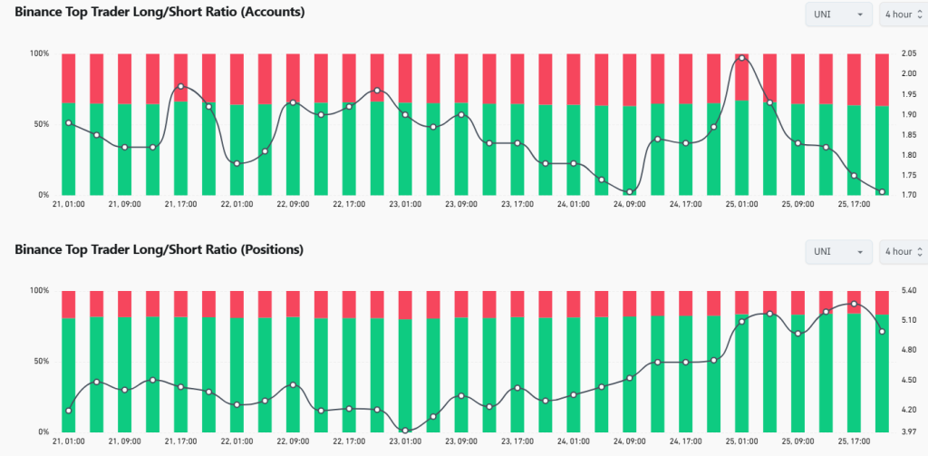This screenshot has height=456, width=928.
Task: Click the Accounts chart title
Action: [159, 13]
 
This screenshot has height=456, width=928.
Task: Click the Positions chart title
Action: [159, 249]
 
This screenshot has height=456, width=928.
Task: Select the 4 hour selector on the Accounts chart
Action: [902, 15]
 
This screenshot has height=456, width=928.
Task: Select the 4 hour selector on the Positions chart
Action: [902, 251]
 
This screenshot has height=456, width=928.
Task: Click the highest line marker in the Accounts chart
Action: [742, 58]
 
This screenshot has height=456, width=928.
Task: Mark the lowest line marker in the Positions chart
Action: [405, 431]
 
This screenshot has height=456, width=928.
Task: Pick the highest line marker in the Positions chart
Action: [854, 304]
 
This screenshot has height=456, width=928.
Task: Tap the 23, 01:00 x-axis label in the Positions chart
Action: [404, 441]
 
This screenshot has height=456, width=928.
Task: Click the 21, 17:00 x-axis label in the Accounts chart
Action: [181, 205]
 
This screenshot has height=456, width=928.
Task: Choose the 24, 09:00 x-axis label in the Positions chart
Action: [630, 441]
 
